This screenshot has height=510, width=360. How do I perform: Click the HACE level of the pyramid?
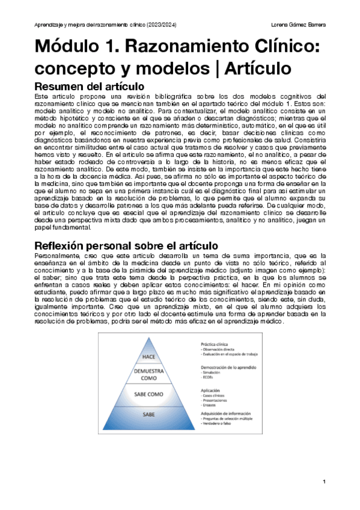pos(149,357)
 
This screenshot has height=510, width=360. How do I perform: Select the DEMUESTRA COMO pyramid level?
pos(149,375)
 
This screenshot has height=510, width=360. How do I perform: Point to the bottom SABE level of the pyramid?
pos(149,414)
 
